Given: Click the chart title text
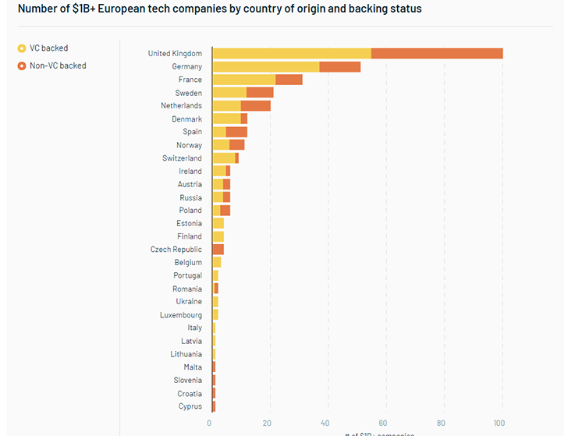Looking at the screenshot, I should pos(215,9).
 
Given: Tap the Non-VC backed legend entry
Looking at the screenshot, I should pos(57,66).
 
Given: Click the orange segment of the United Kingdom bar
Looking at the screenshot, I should pos(437,53).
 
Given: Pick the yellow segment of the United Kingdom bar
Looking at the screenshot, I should pos(291,53).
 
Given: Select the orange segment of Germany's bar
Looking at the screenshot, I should pos(340,66).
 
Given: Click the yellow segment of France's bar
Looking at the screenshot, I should pos(243,80).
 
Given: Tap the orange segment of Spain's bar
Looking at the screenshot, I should pos(236,132).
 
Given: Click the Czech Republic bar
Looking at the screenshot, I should pos(218,250).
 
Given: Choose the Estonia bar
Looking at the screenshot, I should pos(218,223).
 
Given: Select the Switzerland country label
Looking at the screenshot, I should pos(182,158).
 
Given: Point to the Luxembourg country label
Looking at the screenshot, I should pos(180,315).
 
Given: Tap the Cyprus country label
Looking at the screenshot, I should pos(190,406).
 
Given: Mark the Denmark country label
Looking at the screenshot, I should pos(186,119).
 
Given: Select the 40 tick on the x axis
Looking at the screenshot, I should pos(326,424).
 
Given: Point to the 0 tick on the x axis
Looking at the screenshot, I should pos(209,424).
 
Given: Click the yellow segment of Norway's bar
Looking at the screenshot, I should pos(221,145).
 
